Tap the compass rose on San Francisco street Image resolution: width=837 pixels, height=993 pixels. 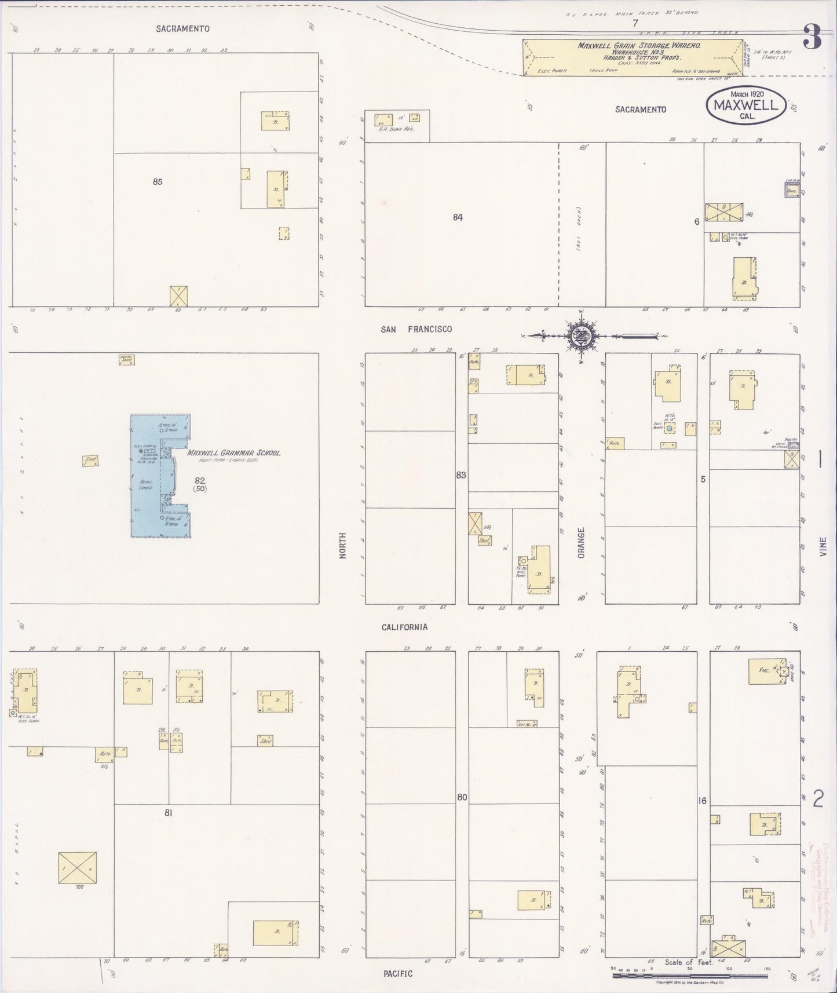[580, 335]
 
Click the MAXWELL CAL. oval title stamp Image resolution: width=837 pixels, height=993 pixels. [745, 105]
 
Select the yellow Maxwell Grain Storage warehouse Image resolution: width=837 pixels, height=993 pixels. [632, 57]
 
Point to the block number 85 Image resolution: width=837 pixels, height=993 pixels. [158, 181]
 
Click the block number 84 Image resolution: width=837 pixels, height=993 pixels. [458, 217]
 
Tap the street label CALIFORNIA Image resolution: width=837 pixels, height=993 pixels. [404, 627]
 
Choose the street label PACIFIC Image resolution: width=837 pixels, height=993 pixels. [398, 973]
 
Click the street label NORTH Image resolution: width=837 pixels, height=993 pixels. [342, 545]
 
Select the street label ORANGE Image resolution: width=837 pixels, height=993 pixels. [581, 542]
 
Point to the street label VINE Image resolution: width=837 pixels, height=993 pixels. [823, 547]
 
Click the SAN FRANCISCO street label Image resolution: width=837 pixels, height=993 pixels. [416, 329]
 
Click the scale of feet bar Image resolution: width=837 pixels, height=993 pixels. [689, 976]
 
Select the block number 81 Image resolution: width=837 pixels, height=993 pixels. [168, 813]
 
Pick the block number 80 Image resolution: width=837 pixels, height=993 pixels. [462, 797]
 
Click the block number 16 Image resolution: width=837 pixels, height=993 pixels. [703, 801]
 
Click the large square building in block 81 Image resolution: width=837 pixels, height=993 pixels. [77, 867]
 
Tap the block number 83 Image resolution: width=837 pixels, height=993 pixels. [461, 475]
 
